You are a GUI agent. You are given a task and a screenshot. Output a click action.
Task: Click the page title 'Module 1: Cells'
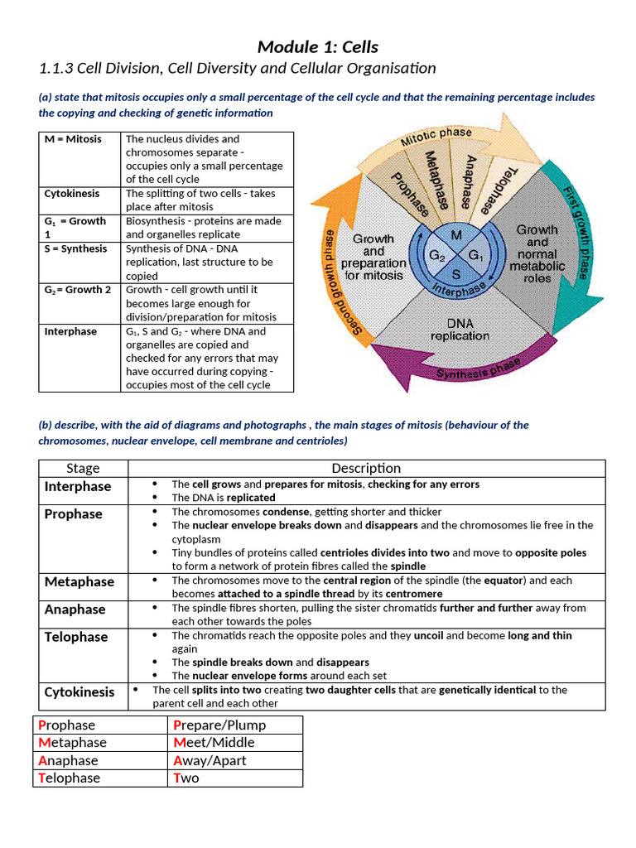click(318, 46)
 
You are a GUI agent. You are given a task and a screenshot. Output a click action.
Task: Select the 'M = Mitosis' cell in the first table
click(73, 139)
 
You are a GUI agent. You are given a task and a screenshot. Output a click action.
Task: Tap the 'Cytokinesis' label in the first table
click(72, 194)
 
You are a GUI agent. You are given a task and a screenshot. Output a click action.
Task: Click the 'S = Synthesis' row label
click(75, 248)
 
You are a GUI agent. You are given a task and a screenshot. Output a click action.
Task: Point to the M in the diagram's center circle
click(455, 236)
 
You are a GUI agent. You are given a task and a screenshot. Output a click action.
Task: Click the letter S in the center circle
click(456, 272)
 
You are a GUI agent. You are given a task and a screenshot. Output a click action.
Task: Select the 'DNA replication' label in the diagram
click(460, 330)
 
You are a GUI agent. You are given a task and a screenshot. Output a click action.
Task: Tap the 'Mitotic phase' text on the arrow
click(436, 137)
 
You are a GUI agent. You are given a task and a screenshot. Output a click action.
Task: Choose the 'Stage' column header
click(83, 469)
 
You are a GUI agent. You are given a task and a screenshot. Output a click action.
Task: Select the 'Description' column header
click(366, 469)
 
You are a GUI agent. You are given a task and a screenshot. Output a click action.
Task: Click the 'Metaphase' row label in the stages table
click(79, 582)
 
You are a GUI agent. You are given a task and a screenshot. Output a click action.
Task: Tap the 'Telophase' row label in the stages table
click(76, 637)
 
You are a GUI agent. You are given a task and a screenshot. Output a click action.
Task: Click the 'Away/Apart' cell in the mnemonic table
click(210, 760)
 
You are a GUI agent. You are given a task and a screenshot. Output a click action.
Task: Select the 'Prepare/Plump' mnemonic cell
click(219, 725)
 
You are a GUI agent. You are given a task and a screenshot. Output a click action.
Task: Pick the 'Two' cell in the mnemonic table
click(186, 778)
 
